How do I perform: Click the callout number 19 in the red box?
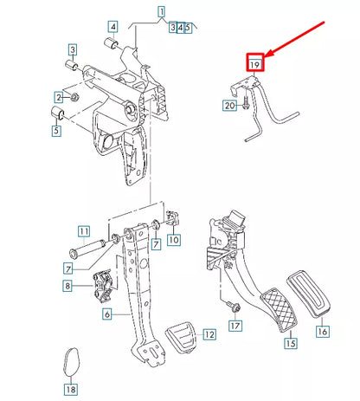tap(254, 63)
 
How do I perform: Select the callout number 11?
tap(83, 230)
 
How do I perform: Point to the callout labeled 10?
tap(173, 240)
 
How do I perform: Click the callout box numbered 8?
tap(67, 285)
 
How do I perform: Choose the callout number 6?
tap(106, 314)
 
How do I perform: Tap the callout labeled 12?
tap(208, 334)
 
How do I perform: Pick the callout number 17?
tap(234, 326)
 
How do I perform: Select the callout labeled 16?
tap(323, 331)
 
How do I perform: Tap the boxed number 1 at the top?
tap(160, 12)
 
